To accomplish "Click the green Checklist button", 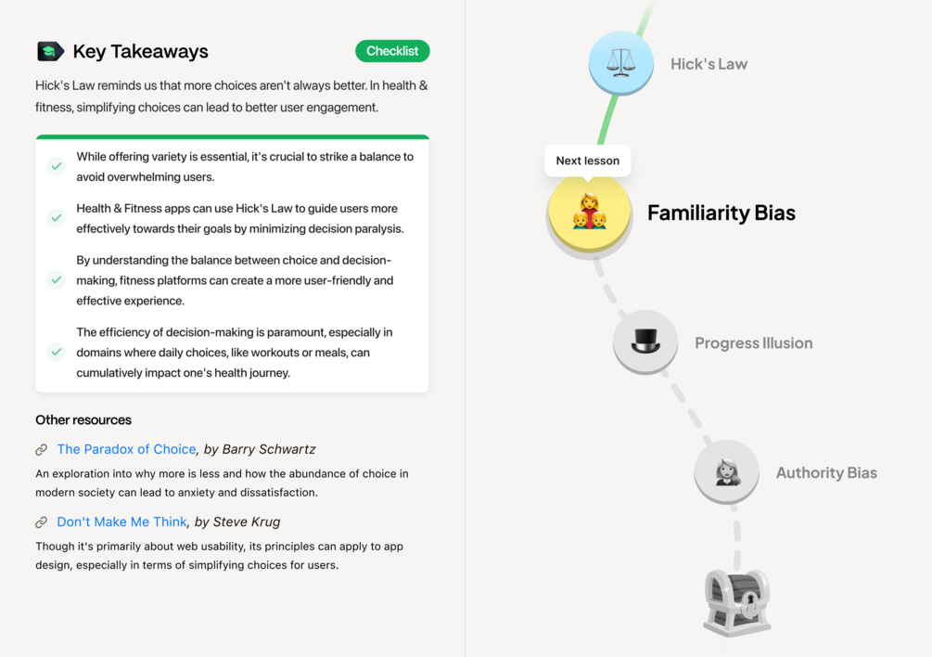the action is click(x=392, y=51).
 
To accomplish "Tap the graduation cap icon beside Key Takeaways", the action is click(x=50, y=52).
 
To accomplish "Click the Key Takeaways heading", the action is click(x=140, y=52).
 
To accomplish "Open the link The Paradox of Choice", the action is click(x=127, y=449).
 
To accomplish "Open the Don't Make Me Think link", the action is click(x=121, y=522).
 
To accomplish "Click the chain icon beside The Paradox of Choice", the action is click(x=41, y=449).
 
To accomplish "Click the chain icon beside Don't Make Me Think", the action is click(x=41, y=522).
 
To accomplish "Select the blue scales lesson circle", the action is click(x=621, y=63).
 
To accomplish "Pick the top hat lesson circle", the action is click(x=645, y=341).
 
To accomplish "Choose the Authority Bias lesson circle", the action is click(x=726, y=472).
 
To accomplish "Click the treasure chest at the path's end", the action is click(x=737, y=601).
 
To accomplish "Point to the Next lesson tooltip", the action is click(x=588, y=161).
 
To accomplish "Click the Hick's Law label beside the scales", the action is click(x=709, y=64).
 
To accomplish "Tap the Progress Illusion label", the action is click(x=754, y=343).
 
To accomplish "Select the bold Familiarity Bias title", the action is click(x=721, y=213).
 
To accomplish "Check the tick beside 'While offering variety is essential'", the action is click(x=56, y=166).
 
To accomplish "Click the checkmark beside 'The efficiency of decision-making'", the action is click(x=56, y=352).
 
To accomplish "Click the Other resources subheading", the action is click(x=83, y=419).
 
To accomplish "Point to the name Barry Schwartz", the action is click(x=269, y=449).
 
